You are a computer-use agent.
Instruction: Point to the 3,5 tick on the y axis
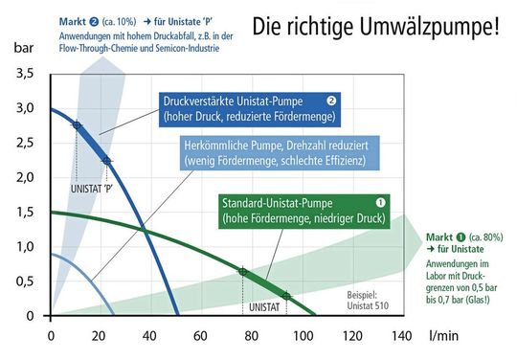coord(25,74)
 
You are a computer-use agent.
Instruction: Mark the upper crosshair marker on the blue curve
coord(77,124)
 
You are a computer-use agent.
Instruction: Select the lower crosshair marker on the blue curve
coord(106,160)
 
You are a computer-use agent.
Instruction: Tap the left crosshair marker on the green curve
coord(242,272)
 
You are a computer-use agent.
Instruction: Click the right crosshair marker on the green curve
coord(286,295)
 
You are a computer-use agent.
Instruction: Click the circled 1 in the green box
coord(380,202)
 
